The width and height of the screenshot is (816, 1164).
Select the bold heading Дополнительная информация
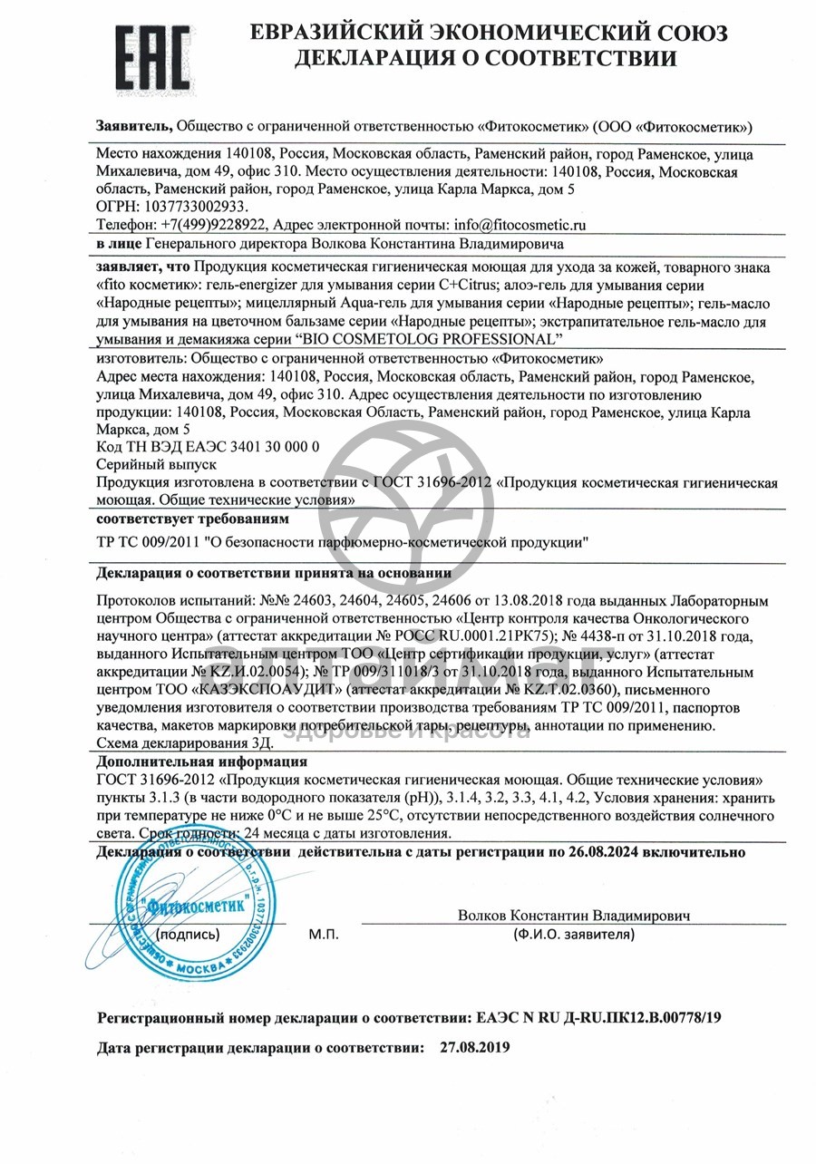(202, 761)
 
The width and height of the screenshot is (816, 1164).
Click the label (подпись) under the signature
(188, 933)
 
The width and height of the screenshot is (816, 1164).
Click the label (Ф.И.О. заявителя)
(574, 933)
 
